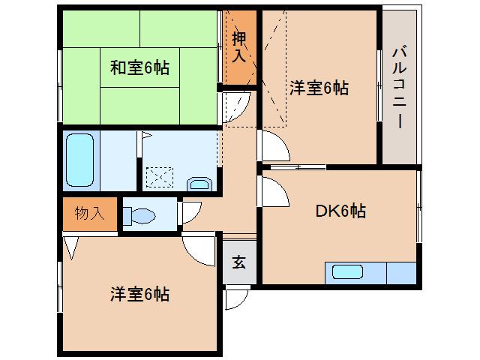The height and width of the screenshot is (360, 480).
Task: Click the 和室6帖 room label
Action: (x=140, y=68)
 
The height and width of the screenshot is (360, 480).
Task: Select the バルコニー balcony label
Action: (x=398, y=88)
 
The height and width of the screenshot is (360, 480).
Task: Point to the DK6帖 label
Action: (x=339, y=211)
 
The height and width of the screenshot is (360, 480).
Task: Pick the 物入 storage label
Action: (x=89, y=213)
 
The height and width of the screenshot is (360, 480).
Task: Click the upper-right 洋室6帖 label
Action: (x=319, y=88)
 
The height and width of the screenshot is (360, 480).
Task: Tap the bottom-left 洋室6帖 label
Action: (x=140, y=294)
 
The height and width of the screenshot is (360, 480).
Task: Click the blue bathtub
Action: (x=79, y=160)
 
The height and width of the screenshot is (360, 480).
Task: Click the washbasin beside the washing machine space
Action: (x=200, y=183)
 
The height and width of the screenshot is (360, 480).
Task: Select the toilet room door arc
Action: (x=190, y=212)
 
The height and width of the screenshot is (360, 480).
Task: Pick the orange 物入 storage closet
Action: (x=89, y=214)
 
